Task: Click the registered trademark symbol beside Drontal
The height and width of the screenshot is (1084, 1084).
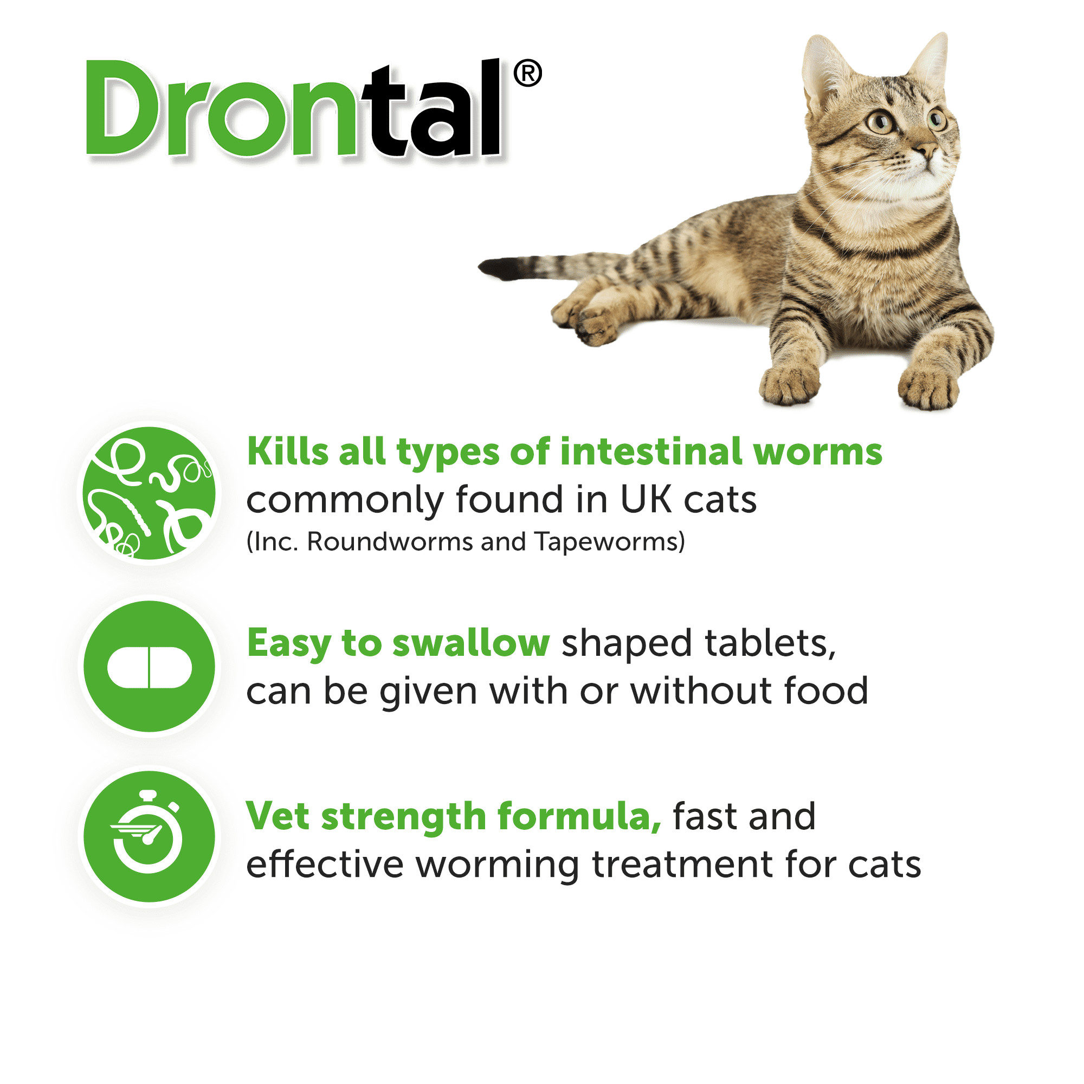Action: click(527, 74)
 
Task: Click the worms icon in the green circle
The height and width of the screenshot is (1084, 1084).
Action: click(149, 493)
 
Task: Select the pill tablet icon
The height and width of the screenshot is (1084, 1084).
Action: click(149, 668)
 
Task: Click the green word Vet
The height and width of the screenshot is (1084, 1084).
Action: click(277, 816)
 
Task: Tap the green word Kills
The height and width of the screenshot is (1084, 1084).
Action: click(288, 451)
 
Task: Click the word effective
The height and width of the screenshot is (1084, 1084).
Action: click(324, 864)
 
